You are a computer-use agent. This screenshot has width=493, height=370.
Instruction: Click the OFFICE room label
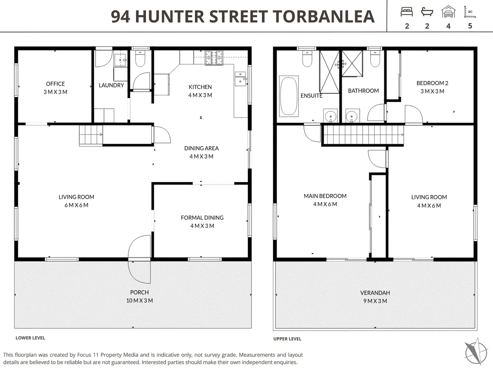pos(55,84)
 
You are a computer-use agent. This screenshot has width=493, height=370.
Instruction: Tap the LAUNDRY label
pos(111,85)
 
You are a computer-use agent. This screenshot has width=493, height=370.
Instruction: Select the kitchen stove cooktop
pos(214,58)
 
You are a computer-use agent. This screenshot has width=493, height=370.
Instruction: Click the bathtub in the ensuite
pos(288,96)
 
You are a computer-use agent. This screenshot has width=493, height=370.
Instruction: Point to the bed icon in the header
pos(407,12)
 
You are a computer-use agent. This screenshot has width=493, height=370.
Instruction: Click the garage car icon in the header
pos(448,12)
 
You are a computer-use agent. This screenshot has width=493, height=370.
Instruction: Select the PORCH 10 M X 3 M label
pos(139,296)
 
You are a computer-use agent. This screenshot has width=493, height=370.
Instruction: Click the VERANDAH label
pos(375,293)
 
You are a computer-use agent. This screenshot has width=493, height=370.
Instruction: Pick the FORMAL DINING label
pos(202,217)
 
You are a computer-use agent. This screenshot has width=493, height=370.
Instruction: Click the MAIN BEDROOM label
pos(325,196)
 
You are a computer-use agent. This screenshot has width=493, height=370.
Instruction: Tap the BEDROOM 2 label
pos(433,83)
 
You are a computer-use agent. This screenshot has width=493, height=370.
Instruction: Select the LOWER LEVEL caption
pos(30,338)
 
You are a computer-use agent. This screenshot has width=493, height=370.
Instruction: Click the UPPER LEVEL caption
pos(287,339)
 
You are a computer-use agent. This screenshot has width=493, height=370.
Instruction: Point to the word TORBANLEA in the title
pos(324,17)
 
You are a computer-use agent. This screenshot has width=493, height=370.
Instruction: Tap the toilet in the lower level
pos(140,59)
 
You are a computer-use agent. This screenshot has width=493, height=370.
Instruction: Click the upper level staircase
pos(362,135)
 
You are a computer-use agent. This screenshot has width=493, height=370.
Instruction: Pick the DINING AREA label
pos(201,148)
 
